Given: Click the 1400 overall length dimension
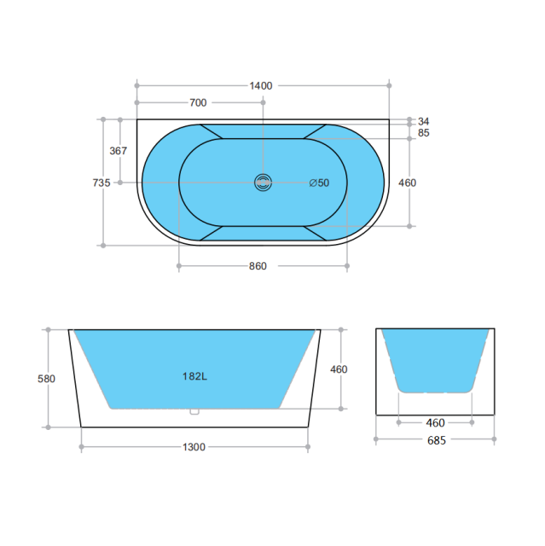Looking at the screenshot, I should (260, 85).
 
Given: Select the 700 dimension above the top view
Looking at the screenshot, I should (198, 103).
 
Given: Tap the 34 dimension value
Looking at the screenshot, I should (424, 120).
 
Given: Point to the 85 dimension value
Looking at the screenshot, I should (424, 133).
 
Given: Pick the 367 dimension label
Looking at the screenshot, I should (119, 151).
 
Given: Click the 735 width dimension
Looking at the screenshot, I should (101, 183).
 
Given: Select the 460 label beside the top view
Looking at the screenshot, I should (408, 183).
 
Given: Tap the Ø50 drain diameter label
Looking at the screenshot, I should (319, 183).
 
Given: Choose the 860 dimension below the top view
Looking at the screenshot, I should (258, 266).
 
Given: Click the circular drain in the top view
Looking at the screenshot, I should (263, 182).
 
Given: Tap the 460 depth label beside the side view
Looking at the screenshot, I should (339, 369).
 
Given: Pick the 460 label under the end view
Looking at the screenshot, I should (435, 422).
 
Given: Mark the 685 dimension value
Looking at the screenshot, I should (435, 440).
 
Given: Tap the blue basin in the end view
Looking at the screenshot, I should (435, 358).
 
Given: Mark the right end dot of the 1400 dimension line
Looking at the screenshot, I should (390, 85).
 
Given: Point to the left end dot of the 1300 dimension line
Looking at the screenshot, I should (81, 446).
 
